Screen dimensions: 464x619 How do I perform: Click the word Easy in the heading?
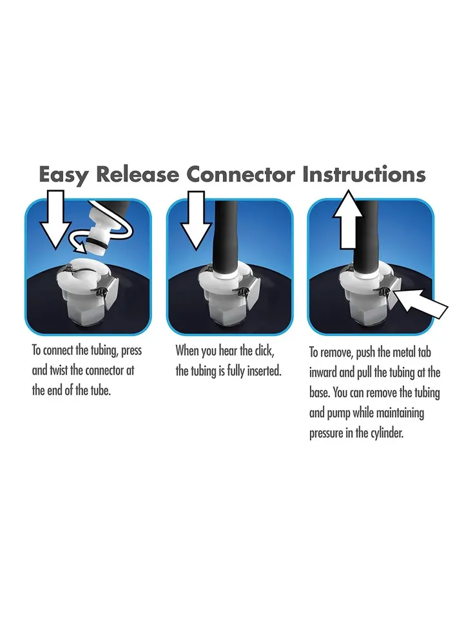click(64, 175)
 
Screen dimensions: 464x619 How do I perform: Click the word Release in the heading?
click(138, 174)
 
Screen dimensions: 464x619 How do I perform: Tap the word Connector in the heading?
click(240, 175)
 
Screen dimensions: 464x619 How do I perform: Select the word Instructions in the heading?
click(363, 174)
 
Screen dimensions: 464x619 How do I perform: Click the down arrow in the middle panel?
click(196, 221)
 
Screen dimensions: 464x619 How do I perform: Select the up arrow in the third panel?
click(347, 219)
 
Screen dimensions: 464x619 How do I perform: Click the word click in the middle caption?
click(264, 351)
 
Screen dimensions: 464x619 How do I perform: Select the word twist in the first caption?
click(59, 370)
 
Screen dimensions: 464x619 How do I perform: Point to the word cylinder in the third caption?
click(387, 433)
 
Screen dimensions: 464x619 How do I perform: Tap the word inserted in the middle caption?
click(264, 371)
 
